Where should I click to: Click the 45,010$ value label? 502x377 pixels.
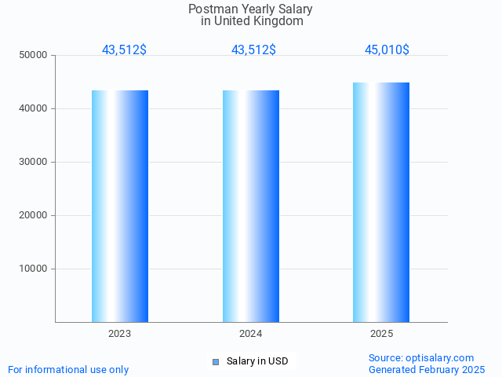(387, 49)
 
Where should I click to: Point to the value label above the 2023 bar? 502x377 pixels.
(124, 49)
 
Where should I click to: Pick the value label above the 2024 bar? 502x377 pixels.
(253, 49)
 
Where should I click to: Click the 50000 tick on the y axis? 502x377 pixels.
(33, 55)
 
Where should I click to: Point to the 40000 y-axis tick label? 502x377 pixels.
(33, 108)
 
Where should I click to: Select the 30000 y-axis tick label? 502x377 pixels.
(33, 162)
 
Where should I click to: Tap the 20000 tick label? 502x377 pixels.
(33, 215)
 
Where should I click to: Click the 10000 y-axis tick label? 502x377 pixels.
(33, 269)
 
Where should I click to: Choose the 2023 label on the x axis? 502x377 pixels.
(120, 334)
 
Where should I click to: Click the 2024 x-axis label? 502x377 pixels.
(251, 334)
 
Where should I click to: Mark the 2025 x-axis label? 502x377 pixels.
(381, 334)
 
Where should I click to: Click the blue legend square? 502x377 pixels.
(216, 361)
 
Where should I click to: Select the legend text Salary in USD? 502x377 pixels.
(257, 361)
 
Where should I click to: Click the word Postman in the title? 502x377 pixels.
(209, 9)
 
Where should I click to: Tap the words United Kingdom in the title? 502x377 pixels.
(263, 21)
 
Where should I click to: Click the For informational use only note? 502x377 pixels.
(68, 369)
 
